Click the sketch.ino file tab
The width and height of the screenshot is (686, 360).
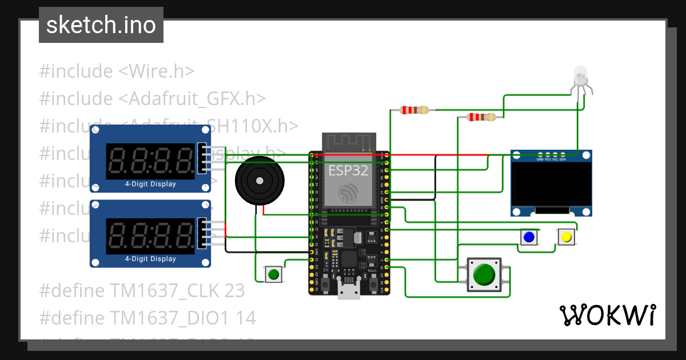(x=101, y=25)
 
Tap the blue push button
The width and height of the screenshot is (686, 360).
(x=529, y=237)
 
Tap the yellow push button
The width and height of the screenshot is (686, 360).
(x=566, y=237)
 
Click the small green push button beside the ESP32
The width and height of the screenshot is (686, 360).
(x=274, y=274)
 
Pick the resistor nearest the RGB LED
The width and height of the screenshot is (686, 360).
(x=481, y=117)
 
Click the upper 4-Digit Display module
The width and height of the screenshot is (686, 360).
(x=150, y=158)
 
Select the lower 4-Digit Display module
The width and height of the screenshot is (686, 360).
(x=150, y=233)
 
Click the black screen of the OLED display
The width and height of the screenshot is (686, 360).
(x=551, y=184)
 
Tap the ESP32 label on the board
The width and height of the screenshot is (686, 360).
(x=349, y=170)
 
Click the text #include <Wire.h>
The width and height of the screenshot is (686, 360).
(x=117, y=71)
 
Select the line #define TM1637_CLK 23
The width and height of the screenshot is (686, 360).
(x=142, y=291)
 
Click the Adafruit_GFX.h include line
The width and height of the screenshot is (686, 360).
(x=153, y=99)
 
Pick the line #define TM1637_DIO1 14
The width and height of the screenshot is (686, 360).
(x=147, y=318)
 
